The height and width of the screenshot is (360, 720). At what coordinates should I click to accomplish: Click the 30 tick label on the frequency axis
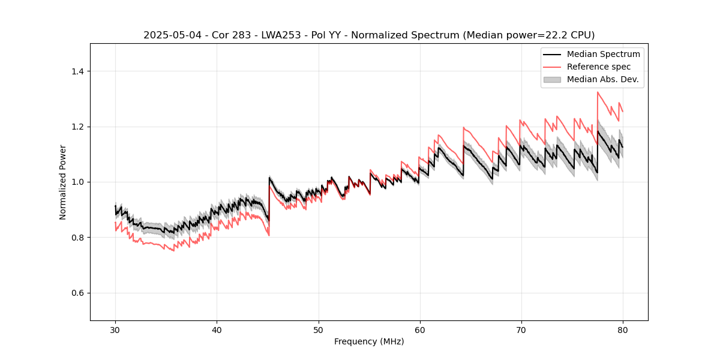(x=115, y=330)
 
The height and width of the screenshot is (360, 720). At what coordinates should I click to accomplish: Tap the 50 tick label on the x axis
(x=318, y=330)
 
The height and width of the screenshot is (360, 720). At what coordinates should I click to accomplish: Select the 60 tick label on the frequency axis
(x=419, y=330)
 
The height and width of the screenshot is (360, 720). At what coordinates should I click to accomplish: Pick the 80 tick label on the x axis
(x=623, y=330)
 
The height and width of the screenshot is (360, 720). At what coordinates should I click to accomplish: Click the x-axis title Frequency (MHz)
(x=369, y=341)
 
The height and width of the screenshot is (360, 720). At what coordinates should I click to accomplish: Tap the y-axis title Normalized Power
(x=63, y=182)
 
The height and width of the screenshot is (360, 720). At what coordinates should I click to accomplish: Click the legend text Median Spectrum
(x=603, y=54)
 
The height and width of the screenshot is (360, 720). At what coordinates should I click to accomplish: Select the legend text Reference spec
(x=599, y=67)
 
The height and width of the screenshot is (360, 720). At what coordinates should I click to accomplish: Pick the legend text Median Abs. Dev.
(x=602, y=79)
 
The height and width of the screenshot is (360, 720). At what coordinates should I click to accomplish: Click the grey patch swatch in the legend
(x=552, y=79)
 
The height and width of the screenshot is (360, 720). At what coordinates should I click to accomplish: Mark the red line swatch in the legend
(x=552, y=67)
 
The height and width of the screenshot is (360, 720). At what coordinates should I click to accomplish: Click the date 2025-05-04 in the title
(x=170, y=35)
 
